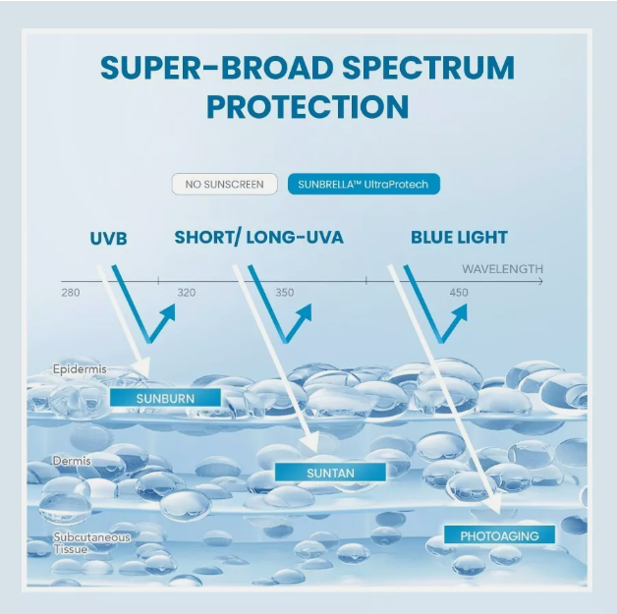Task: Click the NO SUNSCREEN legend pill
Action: click(224, 184)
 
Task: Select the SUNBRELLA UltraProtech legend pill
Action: click(364, 184)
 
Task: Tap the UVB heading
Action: click(109, 239)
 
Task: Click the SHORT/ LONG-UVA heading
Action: click(259, 238)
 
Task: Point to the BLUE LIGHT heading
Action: click(459, 238)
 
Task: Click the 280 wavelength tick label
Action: click(71, 293)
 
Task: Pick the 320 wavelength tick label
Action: click(187, 293)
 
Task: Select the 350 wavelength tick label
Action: click(285, 293)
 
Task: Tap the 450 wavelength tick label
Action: click(459, 293)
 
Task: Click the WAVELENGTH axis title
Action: click(502, 269)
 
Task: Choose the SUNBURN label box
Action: click(165, 398)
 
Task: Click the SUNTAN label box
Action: click(330, 473)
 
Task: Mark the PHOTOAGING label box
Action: click(499, 535)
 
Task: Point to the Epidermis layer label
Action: click(80, 369)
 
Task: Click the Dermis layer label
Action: click(72, 461)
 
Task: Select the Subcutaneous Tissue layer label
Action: click(91, 543)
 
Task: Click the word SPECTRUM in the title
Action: click(428, 68)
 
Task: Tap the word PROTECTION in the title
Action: click(308, 106)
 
